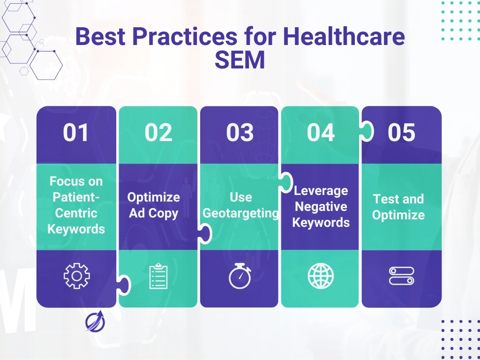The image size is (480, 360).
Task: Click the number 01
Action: (x=76, y=133)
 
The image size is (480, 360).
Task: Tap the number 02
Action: (x=158, y=133)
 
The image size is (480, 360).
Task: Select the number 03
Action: (x=240, y=133)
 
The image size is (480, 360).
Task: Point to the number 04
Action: (x=321, y=133)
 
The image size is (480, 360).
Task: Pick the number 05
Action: (x=401, y=133)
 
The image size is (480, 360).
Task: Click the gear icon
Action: (x=76, y=276)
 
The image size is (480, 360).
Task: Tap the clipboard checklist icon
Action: (x=158, y=276)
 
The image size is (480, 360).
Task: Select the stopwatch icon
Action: (x=240, y=276)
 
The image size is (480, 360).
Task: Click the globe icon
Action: (x=321, y=276)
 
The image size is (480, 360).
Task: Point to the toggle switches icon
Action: (x=401, y=276)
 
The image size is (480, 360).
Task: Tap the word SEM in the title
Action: (x=240, y=60)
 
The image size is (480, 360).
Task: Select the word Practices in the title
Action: (x=185, y=36)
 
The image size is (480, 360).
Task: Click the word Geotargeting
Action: (x=240, y=214)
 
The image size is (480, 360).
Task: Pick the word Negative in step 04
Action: (x=321, y=207)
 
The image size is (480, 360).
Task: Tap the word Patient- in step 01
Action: (x=76, y=197)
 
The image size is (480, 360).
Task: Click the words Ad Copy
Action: (x=153, y=214)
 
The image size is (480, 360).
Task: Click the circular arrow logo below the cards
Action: (x=95, y=321)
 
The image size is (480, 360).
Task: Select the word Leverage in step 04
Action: (x=321, y=191)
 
